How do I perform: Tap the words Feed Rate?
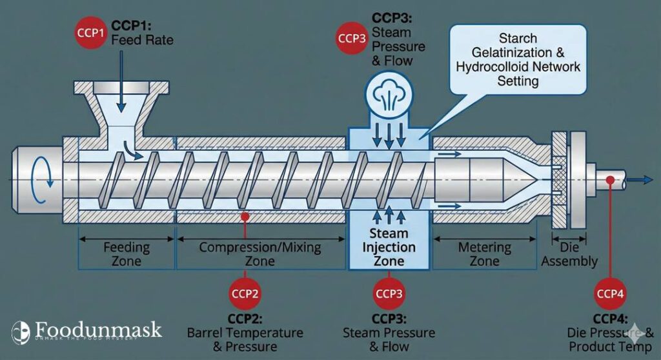pos(143,40)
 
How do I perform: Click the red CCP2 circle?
pos(245,294)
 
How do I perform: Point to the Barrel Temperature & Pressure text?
pos(245,339)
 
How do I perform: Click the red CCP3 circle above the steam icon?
pos(353,38)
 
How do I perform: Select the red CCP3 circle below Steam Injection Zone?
pos(389,294)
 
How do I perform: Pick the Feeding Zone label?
pos(127,254)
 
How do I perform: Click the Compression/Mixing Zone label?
pos(259,254)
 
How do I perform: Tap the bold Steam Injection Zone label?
pos(389,247)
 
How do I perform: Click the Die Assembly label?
pos(569,255)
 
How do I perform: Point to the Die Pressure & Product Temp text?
pos(610,339)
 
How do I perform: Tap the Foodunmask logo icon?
pos(21,331)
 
